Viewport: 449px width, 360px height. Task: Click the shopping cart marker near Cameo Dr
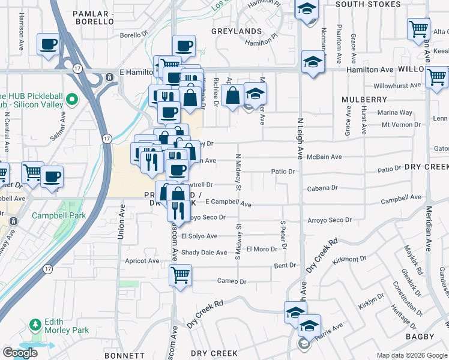pyautogui.click(x=180, y=275)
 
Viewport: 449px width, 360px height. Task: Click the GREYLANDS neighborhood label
pyautogui.click(x=237, y=31)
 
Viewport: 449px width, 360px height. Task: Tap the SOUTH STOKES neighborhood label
pyautogui.click(x=368, y=4)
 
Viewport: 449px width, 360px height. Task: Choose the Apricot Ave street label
pyautogui.click(x=142, y=261)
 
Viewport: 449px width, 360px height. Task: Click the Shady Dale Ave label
pyautogui.click(x=204, y=253)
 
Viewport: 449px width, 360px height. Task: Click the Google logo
pyautogui.click(x=20, y=353)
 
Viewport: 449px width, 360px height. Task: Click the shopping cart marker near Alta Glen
pyautogui.click(x=418, y=28)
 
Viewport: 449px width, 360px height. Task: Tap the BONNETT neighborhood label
pyautogui.click(x=124, y=355)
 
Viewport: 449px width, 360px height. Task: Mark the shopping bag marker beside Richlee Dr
pyautogui.click(x=232, y=95)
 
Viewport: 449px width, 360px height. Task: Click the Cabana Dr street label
pyautogui.click(x=322, y=188)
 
